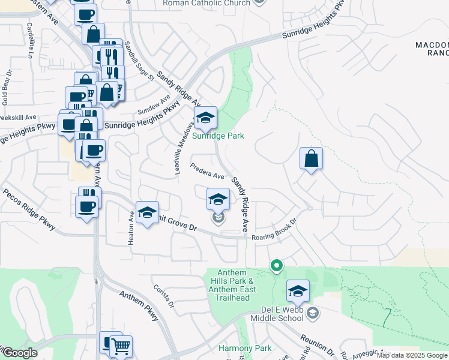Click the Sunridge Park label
click(x=218, y=136)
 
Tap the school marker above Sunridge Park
click(x=205, y=117)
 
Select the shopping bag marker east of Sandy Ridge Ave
click(x=311, y=159)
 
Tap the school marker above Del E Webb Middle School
click(x=298, y=291)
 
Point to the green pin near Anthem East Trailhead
click(x=276, y=264)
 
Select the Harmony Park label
click(x=245, y=348)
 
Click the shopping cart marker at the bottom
click(x=121, y=346)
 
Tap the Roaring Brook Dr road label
click(x=275, y=230)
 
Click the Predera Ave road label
click(x=207, y=171)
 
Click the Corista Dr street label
click(x=163, y=297)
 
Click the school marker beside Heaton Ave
click(x=147, y=212)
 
